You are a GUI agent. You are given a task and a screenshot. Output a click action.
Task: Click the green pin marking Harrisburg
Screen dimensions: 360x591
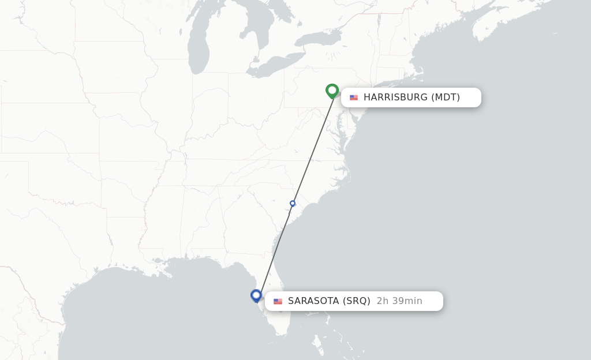tap(332, 91)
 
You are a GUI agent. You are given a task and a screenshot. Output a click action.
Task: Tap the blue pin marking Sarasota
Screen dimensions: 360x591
tap(256, 295)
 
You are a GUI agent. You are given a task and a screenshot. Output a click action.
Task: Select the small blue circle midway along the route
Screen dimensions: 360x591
tap(293, 204)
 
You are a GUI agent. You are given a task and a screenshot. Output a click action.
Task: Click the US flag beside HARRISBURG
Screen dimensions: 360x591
tap(354, 97)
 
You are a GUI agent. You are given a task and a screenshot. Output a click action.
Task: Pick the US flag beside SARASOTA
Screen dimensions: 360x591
tap(278, 301)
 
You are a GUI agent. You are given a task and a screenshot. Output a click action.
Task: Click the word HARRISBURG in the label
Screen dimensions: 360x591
tap(395, 97)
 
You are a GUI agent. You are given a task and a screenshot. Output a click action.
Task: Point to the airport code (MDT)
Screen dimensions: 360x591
tap(446, 97)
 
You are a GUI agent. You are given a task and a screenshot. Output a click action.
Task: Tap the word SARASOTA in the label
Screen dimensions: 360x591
tap(314, 301)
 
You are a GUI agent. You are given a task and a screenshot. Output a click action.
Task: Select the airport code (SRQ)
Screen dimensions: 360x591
tap(357, 301)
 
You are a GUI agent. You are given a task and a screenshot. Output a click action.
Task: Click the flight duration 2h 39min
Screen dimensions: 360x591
tap(399, 301)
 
